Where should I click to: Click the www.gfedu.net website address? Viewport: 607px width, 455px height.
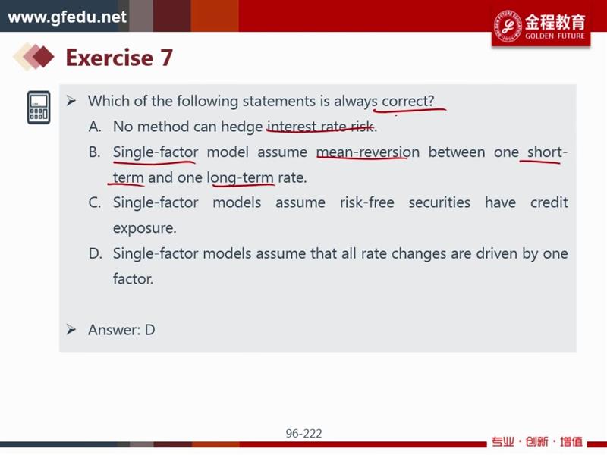[67, 17]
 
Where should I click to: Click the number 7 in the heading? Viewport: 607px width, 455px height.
[166, 58]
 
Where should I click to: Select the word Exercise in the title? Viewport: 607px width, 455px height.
[109, 58]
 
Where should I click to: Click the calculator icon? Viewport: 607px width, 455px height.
[39, 108]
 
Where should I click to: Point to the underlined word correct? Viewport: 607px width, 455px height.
[408, 101]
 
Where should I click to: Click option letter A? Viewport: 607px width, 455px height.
[95, 127]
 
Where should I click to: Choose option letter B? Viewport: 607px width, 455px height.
[94, 152]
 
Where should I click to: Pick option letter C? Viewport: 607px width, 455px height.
[95, 202]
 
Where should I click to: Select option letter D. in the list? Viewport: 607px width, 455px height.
[96, 253]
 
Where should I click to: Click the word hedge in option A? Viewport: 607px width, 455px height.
[241, 127]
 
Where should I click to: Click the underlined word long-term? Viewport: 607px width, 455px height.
[240, 178]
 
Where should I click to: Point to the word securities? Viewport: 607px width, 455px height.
[439, 202]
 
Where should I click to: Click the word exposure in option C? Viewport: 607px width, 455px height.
[144, 228]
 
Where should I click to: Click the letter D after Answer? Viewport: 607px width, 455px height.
[149, 330]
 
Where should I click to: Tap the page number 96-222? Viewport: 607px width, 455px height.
[304, 433]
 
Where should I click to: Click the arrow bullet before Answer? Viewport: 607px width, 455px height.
[71, 330]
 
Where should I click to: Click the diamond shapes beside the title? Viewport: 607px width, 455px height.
[34, 57]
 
